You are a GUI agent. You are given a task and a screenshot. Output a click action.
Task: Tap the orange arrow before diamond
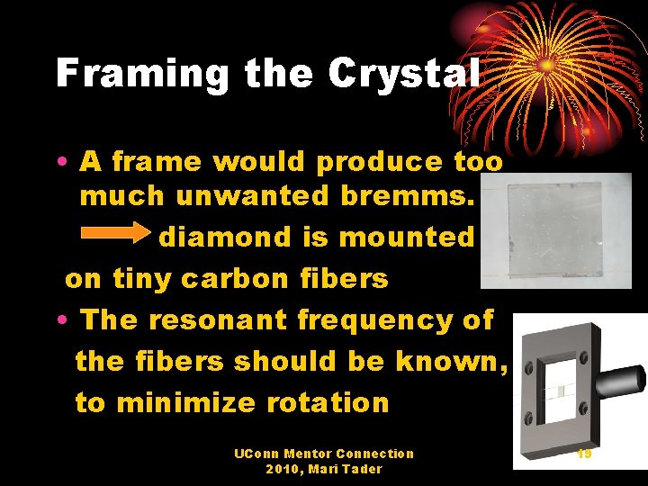pyautogui.click(x=116, y=237)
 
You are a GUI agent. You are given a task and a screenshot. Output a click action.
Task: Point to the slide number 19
pyautogui.click(x=584, y=454)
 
